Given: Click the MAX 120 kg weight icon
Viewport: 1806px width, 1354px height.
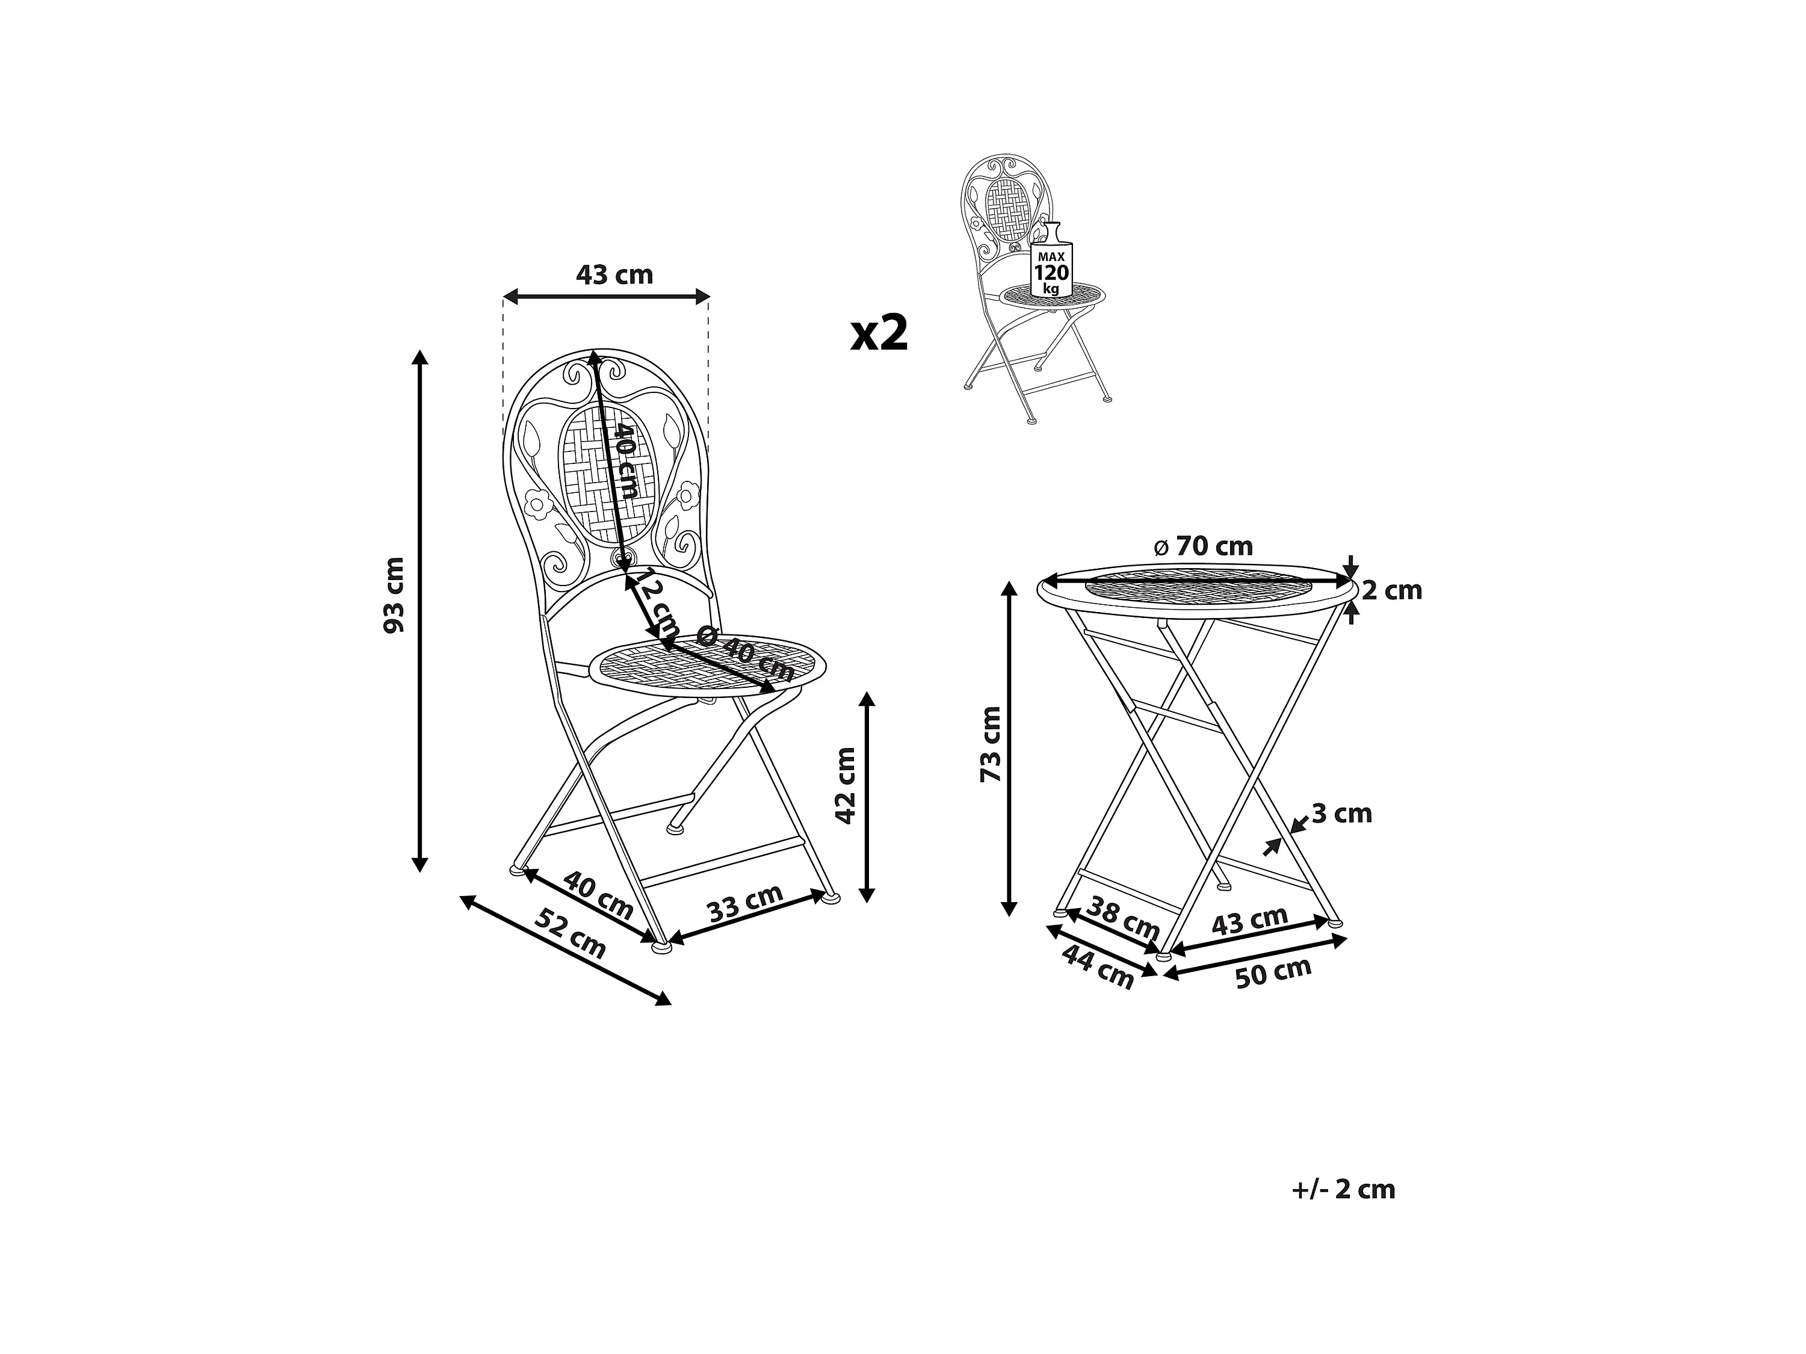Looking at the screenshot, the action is click(1051, 267).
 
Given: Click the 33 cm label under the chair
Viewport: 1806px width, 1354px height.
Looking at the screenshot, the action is click(744, 903).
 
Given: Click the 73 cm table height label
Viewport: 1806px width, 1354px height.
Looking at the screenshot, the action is click(991, 744).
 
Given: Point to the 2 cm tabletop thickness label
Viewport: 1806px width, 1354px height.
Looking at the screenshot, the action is click(1391, 590).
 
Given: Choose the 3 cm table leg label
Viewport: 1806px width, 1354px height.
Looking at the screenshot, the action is click(1341, 814).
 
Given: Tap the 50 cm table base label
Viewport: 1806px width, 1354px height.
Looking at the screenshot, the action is click(1273, 972).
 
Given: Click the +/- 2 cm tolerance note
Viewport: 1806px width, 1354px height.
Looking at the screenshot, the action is click(1344, 1190).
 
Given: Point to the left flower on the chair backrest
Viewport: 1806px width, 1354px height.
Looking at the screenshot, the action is click(538, 504).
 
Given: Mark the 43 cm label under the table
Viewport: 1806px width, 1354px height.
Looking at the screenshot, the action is click(1249, 920).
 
